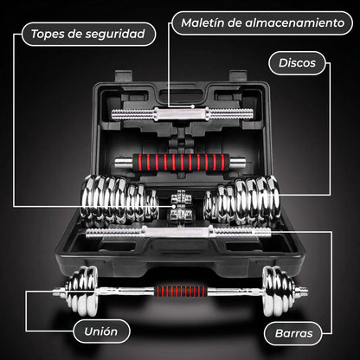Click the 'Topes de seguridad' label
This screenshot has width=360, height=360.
click(88, 34)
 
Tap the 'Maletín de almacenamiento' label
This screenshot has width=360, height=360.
click(262, 23)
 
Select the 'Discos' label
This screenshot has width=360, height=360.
click(297, 63)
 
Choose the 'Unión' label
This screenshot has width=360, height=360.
click(101, 331)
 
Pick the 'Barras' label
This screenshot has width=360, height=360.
click(293, 333)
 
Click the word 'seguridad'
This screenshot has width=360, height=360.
click(119, 35)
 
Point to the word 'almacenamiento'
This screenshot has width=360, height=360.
click(295, 22)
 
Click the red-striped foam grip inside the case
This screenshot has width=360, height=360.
click(181, 163)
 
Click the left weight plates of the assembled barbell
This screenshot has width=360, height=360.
click(82, 291)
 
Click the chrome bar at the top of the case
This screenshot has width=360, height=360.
click(183, 113)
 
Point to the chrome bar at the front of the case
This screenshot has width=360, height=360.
click(178, 233)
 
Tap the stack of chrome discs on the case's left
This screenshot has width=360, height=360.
click(119, 201)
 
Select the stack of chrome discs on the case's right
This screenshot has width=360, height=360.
click(241, 200)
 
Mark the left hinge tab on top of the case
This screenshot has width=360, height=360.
click(124, 76)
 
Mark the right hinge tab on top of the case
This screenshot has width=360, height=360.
click(238, 76)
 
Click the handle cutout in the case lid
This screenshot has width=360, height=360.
click(181, 95)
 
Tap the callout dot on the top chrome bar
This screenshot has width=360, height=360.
click(192, 106)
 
